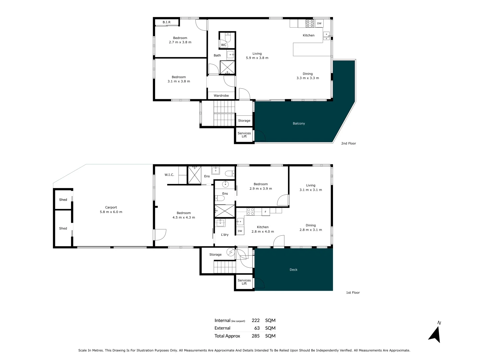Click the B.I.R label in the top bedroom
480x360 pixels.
coord(167,22)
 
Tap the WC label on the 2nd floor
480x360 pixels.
coord(224,45)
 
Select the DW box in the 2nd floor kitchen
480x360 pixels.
coord(319,23)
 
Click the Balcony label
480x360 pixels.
coord(299,124)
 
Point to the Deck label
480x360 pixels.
coord(293,270)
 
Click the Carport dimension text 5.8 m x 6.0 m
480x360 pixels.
coord(111,212)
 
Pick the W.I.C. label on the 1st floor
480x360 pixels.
coord(169,175)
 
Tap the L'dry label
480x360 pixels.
coord(225,235)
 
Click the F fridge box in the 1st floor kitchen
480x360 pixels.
coord(266,212)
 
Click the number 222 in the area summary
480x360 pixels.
coord(255,320)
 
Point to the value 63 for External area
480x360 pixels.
coord(257,328)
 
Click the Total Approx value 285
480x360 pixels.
coord(255,336)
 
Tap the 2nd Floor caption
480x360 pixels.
coord(348,143)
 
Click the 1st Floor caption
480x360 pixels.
coord(353,293)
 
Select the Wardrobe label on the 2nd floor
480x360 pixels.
coord(221,96)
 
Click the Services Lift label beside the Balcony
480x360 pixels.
coord(244,135)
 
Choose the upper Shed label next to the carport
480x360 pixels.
coord(63,200)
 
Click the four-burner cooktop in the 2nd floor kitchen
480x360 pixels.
coord(310,23)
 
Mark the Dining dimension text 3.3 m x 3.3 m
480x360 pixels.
coord(307,78)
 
